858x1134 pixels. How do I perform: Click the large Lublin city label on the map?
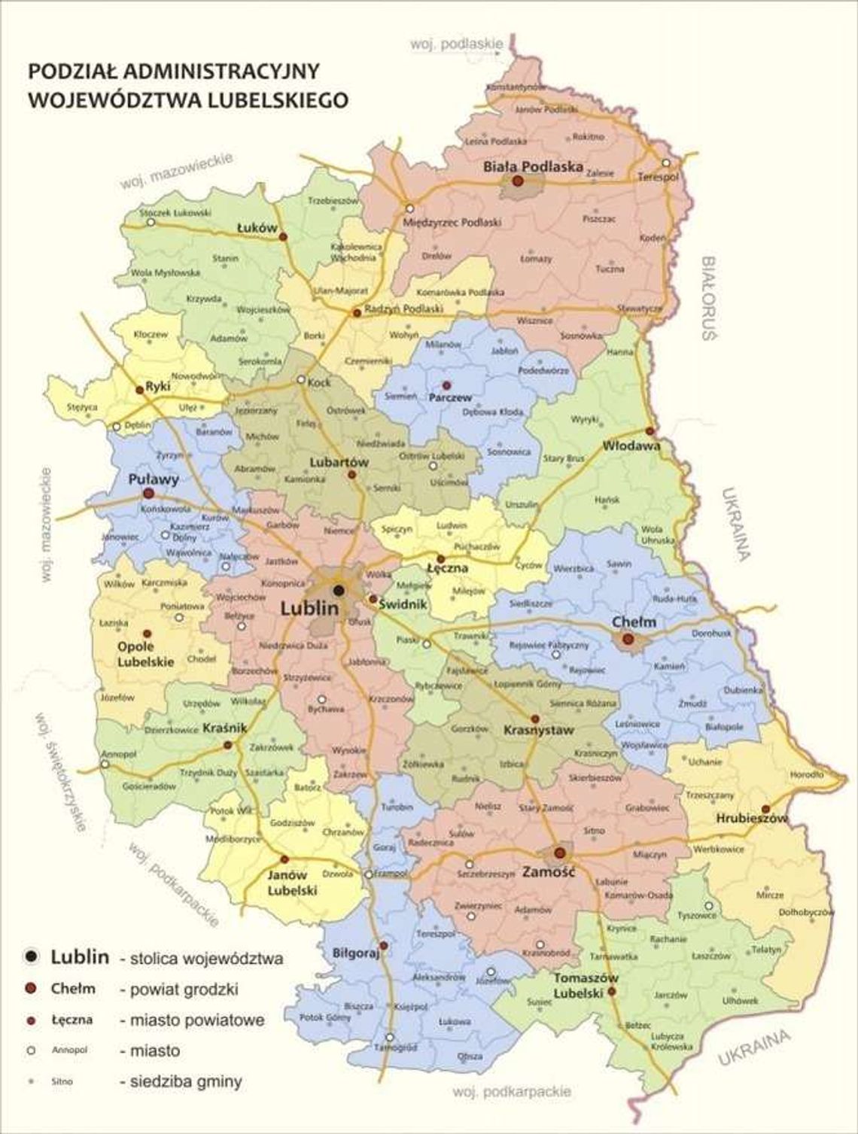click(309, 608)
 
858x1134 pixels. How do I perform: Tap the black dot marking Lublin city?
click(338, 589)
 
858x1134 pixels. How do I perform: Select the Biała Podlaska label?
click(533, 167)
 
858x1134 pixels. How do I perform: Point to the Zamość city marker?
click(559, 853)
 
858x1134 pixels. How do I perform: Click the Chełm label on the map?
click(634, 622)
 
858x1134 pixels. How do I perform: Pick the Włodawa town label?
click(631, 445)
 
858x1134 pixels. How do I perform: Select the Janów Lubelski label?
click(292, 883)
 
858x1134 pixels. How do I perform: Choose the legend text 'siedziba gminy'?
click(181, 1082)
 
